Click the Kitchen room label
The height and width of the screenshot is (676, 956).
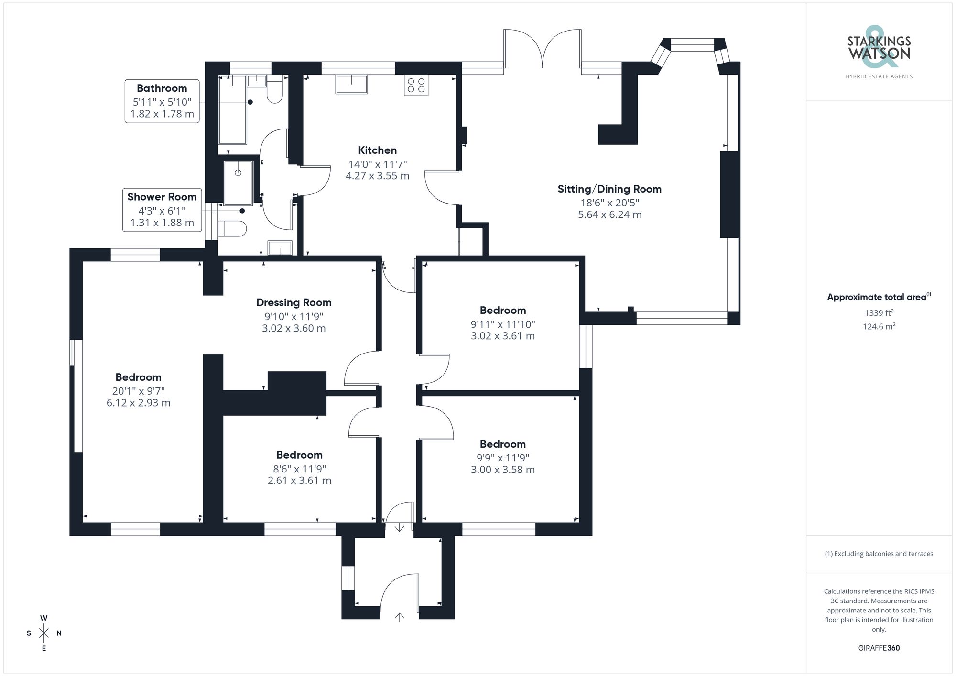(377, 150)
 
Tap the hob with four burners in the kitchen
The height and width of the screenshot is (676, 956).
(416, 86)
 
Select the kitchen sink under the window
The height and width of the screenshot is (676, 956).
(351, 85)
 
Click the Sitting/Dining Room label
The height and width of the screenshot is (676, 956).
(609, 189)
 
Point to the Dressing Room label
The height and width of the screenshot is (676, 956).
(293, 302)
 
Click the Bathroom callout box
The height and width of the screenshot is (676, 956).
(162, 101)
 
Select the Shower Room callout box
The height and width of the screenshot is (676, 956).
(162, 210)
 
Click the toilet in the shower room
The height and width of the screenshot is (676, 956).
(233, 228)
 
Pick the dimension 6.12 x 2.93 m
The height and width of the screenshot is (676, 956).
(138, 403)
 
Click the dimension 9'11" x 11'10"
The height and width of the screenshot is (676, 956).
(503, 324)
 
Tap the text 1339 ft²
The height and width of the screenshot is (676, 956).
(879, 313)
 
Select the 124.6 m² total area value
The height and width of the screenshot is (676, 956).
(879, 327)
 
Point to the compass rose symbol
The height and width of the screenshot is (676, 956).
(44, 633)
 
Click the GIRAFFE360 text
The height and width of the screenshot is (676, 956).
(879, 648)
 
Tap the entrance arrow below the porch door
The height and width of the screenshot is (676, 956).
(399, 617)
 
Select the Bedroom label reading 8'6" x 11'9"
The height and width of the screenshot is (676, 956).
(299, 455)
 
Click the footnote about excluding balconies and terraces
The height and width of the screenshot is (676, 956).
(879, 554)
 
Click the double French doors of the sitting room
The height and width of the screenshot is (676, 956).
(543, 50)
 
